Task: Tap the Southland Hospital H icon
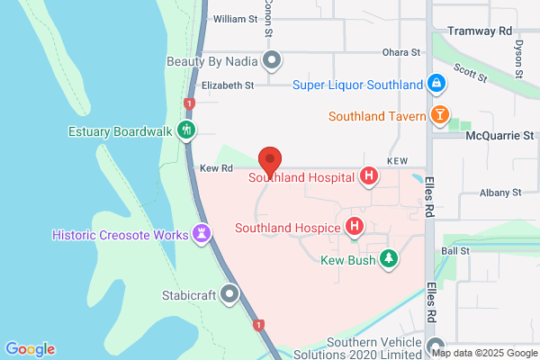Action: pos(367,177)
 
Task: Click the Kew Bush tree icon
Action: pos(388,260)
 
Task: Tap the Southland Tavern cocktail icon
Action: pos(439,115)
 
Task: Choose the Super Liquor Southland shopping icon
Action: pos(436,85)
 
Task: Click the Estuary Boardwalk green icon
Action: pos(186,130)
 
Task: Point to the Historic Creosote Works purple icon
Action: pos(203,235)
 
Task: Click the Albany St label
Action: pos(501,192)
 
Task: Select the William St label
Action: pos(235,19)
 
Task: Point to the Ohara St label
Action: pos(401,53)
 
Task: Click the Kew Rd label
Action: pos(216,168)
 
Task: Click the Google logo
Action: pos(30,349)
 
